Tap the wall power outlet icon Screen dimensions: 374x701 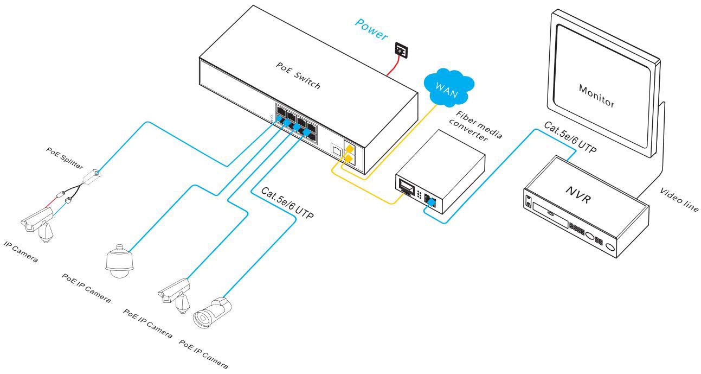tap(402, 51)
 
